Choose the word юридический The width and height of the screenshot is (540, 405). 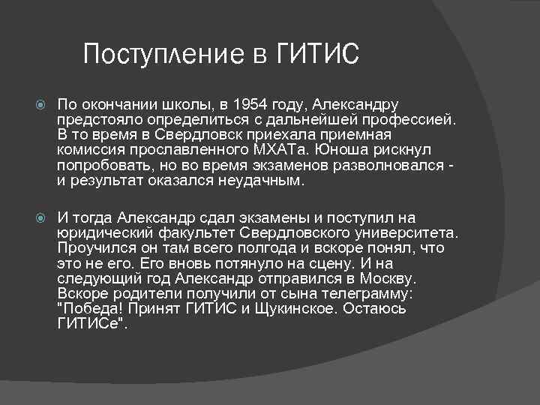click(x=103, y=232)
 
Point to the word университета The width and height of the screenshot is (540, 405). click(x=408, y=232)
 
